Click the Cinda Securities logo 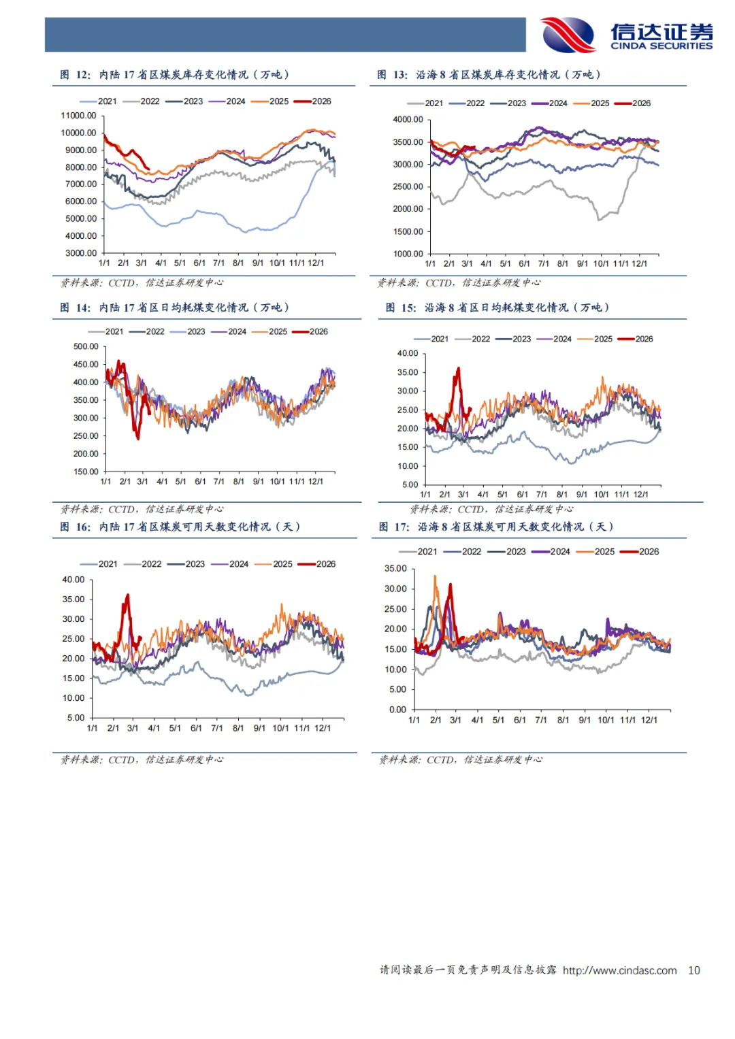pos(626,35)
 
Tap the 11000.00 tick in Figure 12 pos(78,116)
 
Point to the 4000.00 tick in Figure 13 pos(408,120)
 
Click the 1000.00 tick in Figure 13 pos(408,254)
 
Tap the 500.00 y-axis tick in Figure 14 pos(86,346)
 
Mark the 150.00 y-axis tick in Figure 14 pos(86,472)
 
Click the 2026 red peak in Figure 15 pos(458,369)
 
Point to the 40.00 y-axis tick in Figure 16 pos(73,580)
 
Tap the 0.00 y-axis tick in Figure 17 pos(397,710)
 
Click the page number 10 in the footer pos(693,970)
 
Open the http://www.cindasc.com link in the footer pos(619,970)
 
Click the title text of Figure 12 pos(194,75)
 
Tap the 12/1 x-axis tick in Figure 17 pos(649,720)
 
